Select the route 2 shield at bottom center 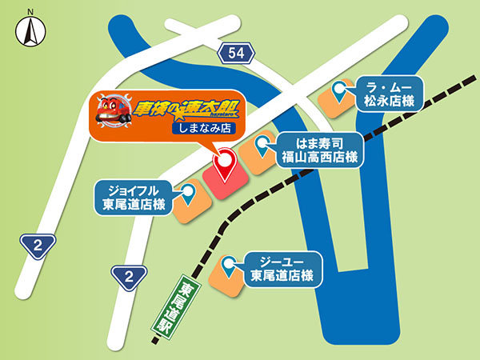point(128,277)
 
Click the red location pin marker point(226,165)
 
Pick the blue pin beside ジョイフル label point(189,192)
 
